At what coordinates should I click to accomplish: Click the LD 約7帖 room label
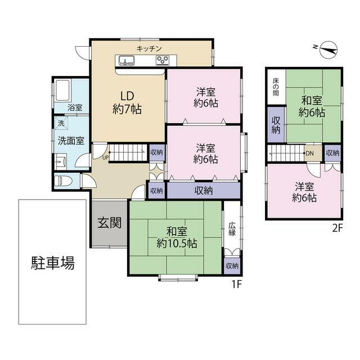[127, 102]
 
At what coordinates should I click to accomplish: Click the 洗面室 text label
[71, 141]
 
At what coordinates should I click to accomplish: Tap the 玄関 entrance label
[110, 223]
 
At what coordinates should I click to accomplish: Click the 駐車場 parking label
[52, 263]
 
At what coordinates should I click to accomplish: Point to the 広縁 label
[232, 229]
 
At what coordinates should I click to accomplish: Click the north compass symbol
[328, 51]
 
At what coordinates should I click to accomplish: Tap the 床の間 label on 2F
[276, 88]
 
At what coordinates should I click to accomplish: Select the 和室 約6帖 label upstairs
[312, 106]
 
